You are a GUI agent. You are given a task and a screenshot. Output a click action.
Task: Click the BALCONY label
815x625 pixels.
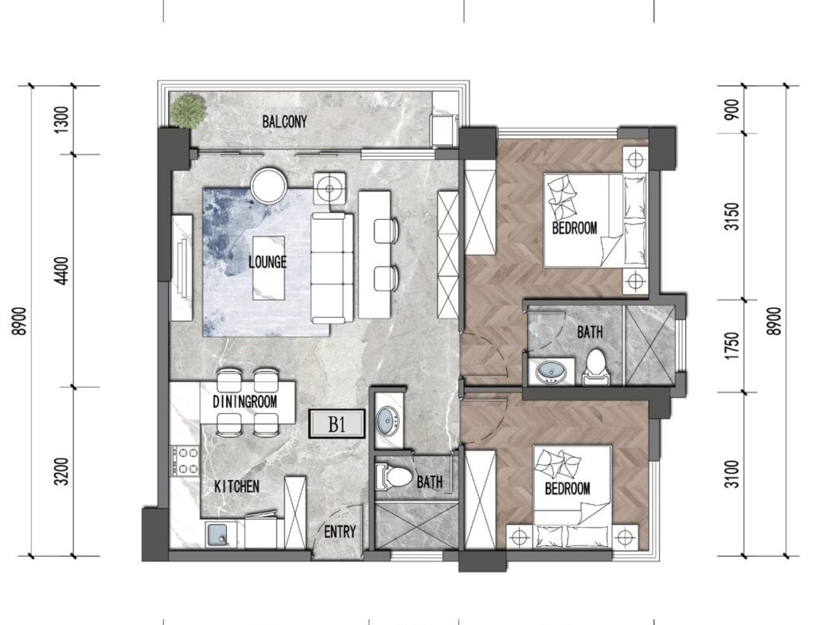pos(284,122)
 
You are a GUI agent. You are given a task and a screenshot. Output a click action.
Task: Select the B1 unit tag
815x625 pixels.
pos(337,424)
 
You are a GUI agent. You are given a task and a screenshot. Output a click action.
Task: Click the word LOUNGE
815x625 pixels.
pos(267,261)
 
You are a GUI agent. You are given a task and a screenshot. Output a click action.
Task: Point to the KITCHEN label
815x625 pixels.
pos(236,486)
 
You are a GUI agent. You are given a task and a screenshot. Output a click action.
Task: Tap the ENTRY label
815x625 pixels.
pos(340,531)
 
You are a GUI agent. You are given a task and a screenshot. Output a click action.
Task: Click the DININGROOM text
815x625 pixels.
pos(245,401)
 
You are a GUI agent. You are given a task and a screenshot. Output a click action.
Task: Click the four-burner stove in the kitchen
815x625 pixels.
pos(185,461)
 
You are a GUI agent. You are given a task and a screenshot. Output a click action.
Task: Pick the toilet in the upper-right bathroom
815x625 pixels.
pos(595,367)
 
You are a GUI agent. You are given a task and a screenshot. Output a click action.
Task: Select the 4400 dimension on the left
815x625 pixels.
pos(62,271)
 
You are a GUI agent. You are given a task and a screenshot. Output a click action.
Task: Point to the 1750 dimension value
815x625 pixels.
pos(732,346)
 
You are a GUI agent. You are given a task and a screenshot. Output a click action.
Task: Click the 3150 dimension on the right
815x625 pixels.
pos(732,217)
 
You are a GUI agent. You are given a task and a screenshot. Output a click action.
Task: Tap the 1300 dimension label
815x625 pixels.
pos(62,119)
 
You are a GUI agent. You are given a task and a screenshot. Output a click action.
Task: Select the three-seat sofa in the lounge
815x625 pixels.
pos(332,268)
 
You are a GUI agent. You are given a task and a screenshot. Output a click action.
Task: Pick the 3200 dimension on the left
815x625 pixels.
pos(62,471)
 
